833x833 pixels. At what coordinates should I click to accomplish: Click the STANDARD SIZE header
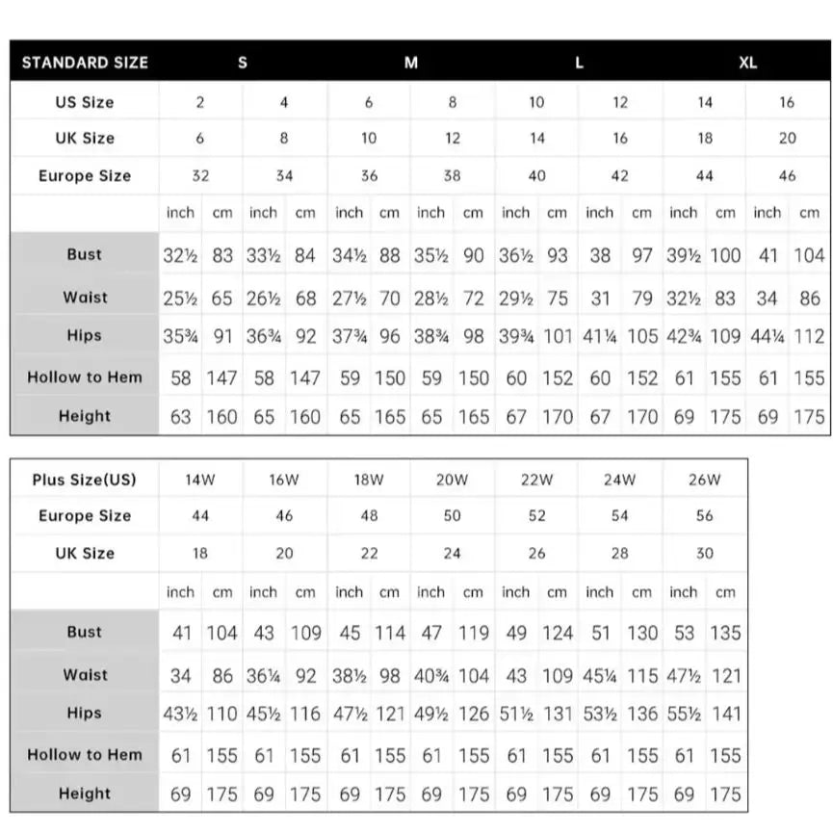(85, 63)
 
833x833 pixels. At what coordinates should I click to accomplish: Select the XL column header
(748, 63)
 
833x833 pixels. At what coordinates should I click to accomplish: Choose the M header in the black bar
(411, 63)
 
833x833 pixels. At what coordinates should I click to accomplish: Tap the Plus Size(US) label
(85, 480)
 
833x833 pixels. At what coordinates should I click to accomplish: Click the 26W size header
(705, 480)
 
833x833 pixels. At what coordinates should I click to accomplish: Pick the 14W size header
(200, 480)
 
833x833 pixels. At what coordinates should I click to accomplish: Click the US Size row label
(85, 102)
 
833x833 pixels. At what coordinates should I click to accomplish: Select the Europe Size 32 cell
(200, 176)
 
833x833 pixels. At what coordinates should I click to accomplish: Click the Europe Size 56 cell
(705, 516)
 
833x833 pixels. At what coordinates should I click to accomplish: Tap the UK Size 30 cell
(705, 554)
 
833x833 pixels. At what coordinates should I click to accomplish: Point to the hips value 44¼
(768, 337)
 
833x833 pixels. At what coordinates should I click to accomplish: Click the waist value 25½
(180, 299)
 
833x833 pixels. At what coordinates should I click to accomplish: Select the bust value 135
(726, 633)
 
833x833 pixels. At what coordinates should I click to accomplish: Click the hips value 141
(726, 715)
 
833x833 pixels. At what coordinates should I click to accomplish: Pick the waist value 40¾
(431, 676)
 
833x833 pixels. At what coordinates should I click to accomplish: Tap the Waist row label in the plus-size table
(85, 675)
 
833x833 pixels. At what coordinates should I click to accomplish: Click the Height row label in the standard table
(85, 417)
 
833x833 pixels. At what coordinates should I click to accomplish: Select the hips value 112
(810, 337)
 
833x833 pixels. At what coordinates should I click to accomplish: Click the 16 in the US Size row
(788, 102)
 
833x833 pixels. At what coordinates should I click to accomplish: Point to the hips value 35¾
(180, 337)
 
